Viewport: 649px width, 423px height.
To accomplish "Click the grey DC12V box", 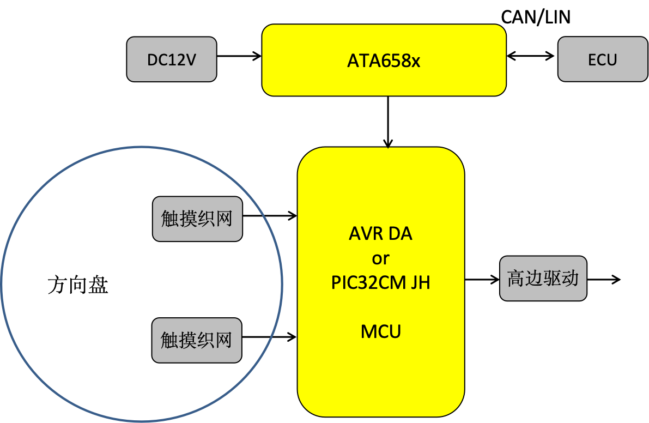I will point(171,59).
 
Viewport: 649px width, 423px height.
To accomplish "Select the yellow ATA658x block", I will point(384,60).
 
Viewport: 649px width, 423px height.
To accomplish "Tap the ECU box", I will point(602,59).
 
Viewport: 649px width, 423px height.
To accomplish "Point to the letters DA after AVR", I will point(400,234).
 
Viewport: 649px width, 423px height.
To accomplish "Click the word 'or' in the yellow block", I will point(380,258).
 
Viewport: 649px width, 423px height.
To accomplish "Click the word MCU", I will point(380,331).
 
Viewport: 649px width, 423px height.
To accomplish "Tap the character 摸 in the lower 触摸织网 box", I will point(187,340).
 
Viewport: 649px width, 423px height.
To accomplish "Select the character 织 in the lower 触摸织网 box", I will point(205,340).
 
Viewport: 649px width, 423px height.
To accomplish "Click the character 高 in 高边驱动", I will point(516,279).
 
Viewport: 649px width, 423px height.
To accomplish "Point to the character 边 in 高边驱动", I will point(534,279).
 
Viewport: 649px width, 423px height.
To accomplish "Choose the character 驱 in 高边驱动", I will point(552,279).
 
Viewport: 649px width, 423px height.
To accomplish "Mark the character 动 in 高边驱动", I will point(570,279).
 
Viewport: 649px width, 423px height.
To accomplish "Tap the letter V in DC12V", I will point(190,59).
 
